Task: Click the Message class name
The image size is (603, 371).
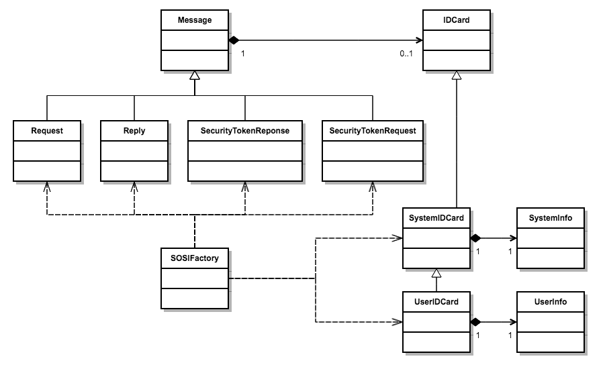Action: tap(194, 20)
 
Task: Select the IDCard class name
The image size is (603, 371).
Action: tap(456, 20)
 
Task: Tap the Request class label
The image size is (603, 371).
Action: tap(46, 131)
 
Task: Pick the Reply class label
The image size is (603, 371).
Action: tap(134, 131)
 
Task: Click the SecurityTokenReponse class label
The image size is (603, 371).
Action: tap(244, 131)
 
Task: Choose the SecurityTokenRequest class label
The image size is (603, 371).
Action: tap(373, 131)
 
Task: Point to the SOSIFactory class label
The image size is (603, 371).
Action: tap(194, 258)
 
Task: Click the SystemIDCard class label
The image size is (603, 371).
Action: tap(436, 218)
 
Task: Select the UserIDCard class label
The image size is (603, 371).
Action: tap(436, 302)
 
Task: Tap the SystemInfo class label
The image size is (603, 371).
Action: tap(550, 218)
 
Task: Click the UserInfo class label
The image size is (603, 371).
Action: tap(550, 302)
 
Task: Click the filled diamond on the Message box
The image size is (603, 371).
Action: tap(234, 40)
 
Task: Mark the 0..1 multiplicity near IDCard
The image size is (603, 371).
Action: tap(406, 54)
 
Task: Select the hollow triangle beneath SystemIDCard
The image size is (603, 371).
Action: tap(436, 273)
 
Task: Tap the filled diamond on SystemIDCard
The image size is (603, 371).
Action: tap(476, 237)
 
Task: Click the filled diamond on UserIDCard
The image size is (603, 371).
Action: tap(476, 321)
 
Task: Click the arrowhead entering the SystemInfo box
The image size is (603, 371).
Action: tap(513, 237)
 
